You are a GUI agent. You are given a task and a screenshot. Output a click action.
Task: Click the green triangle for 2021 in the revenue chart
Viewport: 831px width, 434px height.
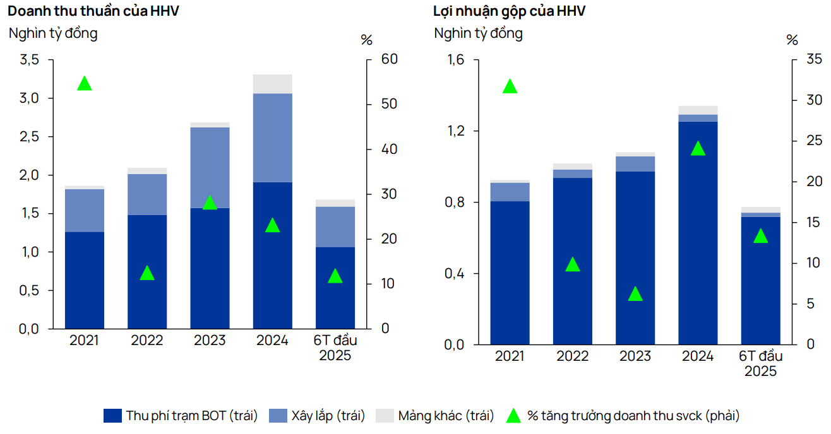(84, 84)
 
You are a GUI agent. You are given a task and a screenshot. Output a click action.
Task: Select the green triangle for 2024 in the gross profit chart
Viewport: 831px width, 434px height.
(698, 149)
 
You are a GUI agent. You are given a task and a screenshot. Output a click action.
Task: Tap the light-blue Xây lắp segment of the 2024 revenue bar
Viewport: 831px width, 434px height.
(272, 138)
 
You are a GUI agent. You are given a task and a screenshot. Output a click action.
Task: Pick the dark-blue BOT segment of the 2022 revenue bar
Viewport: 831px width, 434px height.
(147, 271)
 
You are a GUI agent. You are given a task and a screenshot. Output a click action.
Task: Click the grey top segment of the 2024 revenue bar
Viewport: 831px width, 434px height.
(272, 84)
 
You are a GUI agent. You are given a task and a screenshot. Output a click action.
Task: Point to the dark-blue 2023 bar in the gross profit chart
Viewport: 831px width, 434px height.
(635, 258)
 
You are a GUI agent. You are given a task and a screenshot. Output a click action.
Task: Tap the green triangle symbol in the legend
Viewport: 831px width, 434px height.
(514, 416)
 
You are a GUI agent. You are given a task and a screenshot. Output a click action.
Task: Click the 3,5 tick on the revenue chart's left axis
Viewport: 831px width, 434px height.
(30, 60)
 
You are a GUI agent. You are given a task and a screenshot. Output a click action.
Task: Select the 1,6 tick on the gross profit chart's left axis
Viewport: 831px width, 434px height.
(456, 60)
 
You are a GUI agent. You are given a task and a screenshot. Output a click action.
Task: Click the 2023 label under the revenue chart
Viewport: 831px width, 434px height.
(210, 341)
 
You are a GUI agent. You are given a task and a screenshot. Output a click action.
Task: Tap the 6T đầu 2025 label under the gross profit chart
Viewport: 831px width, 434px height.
(760, 363)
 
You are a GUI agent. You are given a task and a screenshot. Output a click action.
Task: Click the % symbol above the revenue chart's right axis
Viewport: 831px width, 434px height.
(366, 40)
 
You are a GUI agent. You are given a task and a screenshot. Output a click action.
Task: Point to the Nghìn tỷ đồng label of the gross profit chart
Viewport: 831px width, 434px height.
(478, 33)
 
